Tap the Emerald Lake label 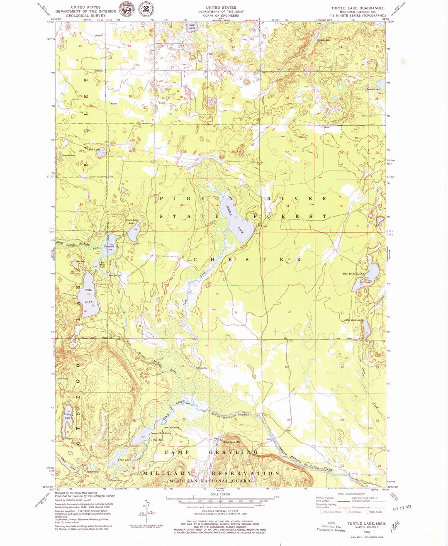[109, 248]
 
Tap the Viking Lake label [68, 416]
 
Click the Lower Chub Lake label [161, 433]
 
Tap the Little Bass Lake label [353, 320]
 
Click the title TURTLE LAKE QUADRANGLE [357, 8]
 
